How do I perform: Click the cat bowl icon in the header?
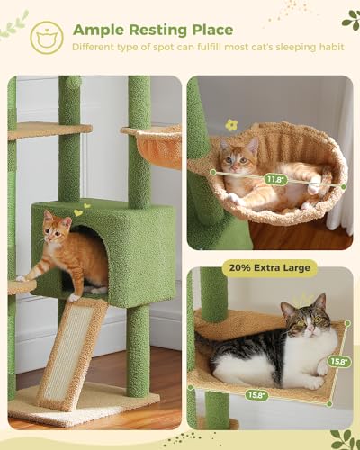[x=47, y=37]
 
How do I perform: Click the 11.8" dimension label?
[x=274, y=179]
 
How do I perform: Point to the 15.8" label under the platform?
[x=256, y=393]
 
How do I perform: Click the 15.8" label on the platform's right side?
[x=339, y=361]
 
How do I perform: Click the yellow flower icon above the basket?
[x=231, y=125]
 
